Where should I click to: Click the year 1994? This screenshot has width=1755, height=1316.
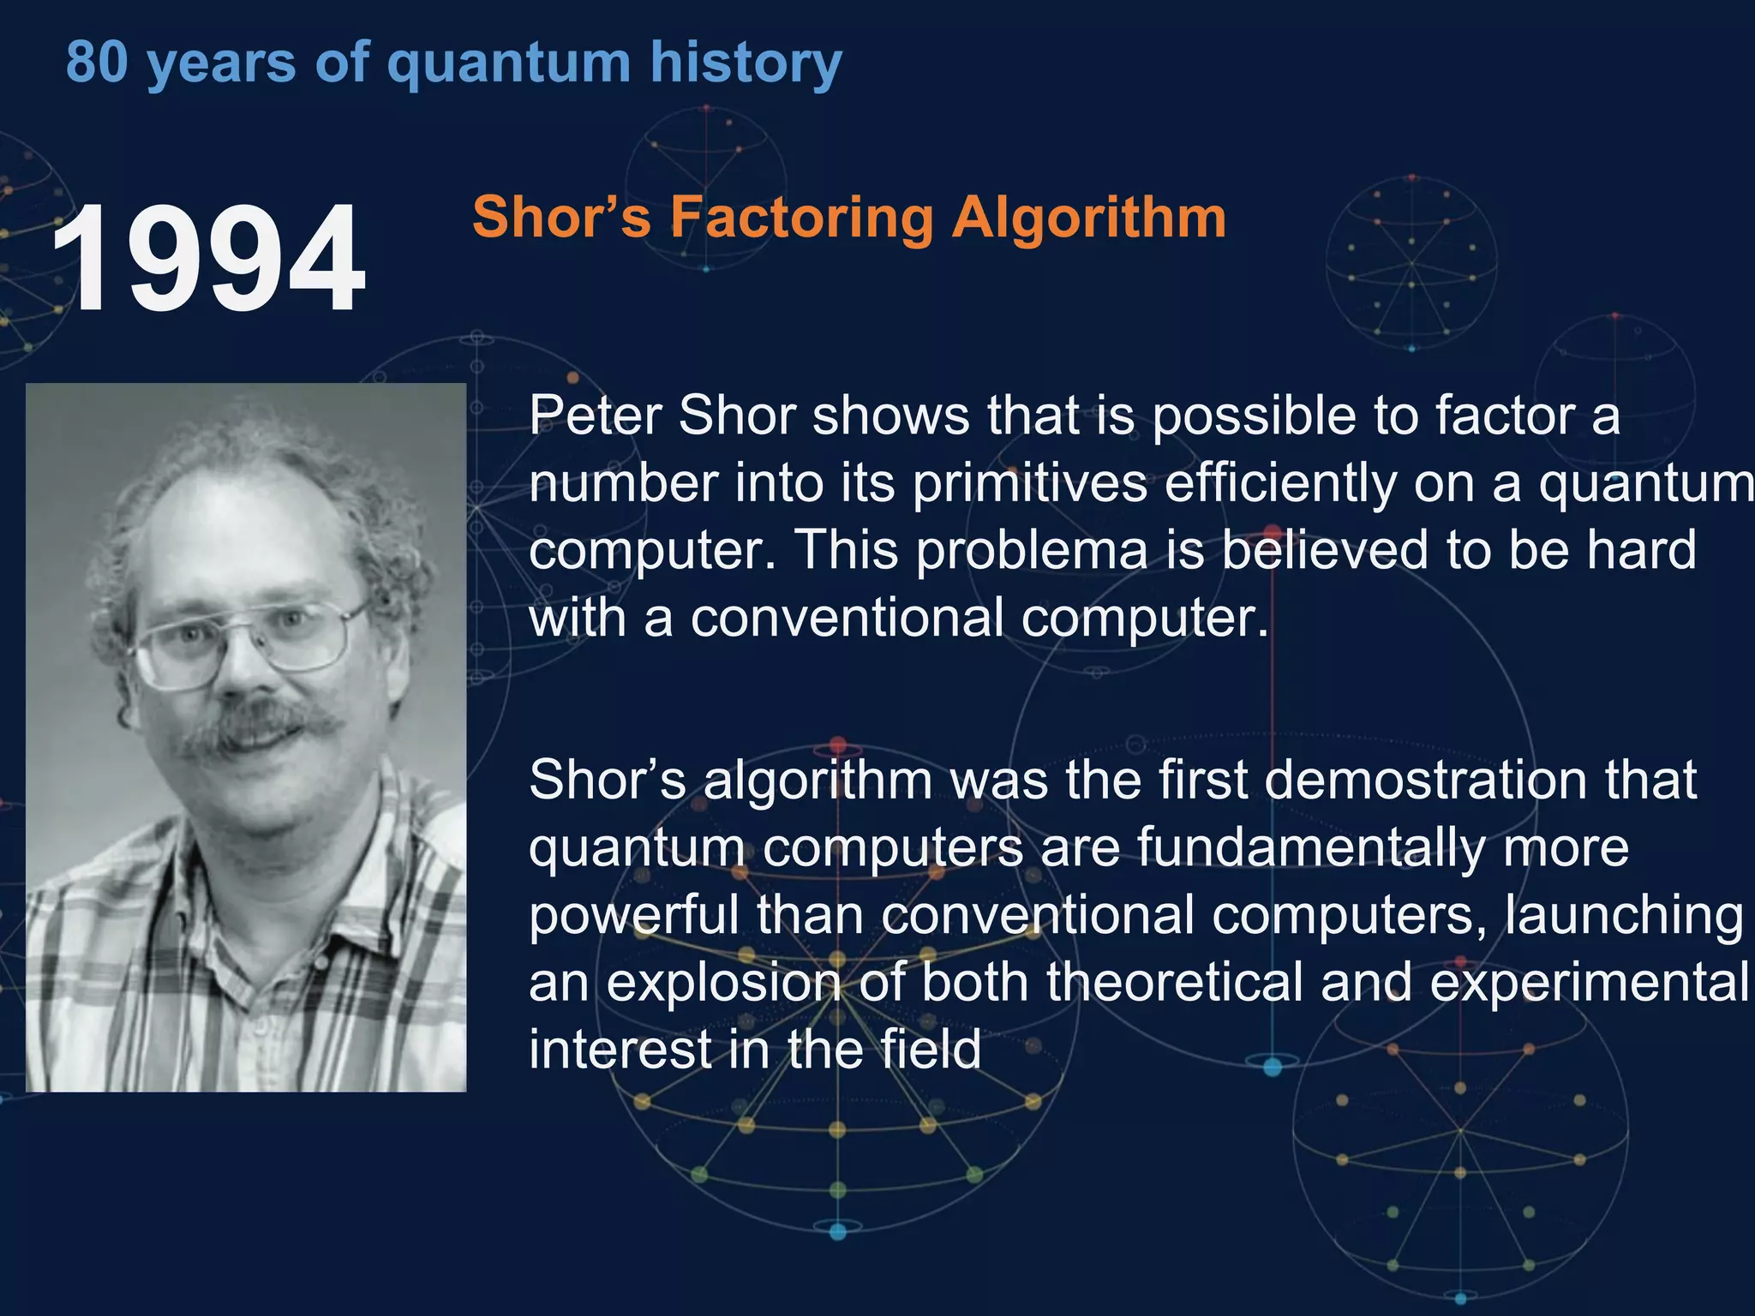pyautogui.click(x=208, y=258)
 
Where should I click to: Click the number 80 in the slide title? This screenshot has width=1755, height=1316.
pyautogui.click(x=96, y=63)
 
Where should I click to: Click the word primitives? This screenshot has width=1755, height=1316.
pyautogui.click(x=1029, y=485)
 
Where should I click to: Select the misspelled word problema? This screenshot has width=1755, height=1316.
pyautogui.click(x=1031, y=552)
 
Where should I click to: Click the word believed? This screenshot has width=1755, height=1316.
pyautogui.click(x=1324, y=550)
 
